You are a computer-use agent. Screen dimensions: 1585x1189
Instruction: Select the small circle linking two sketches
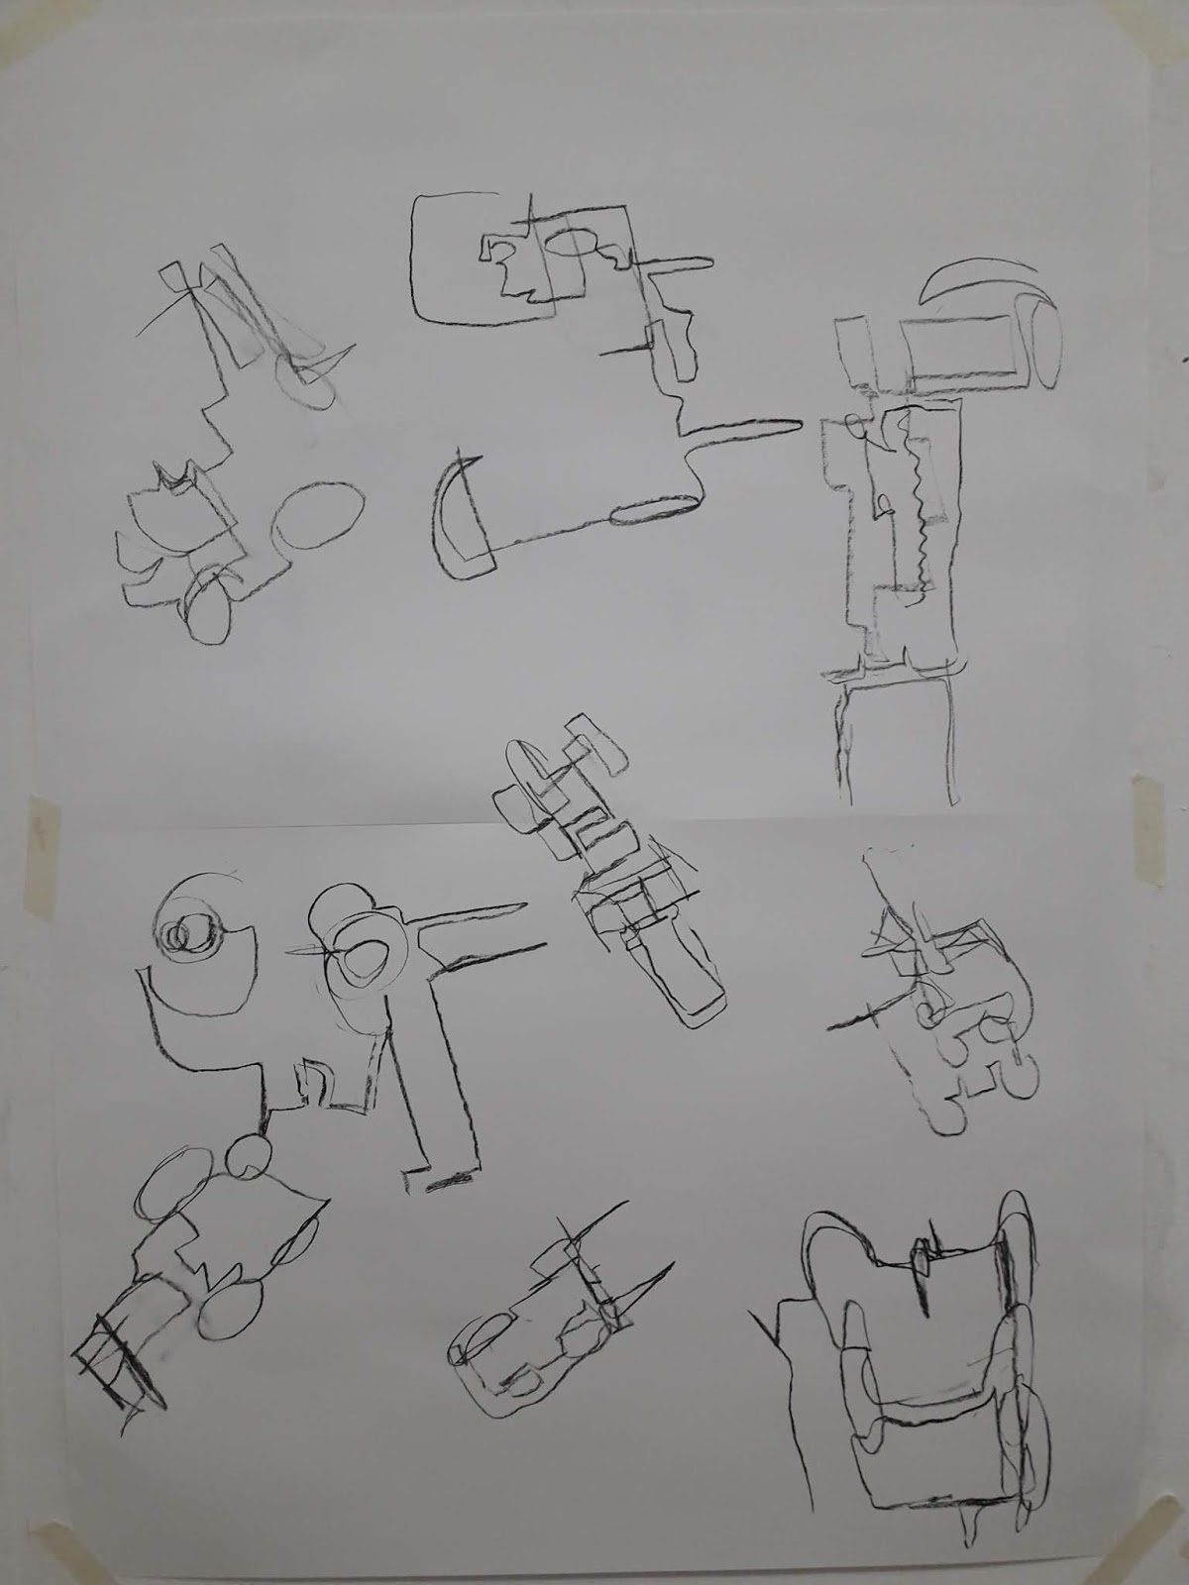pos(251,1156)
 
